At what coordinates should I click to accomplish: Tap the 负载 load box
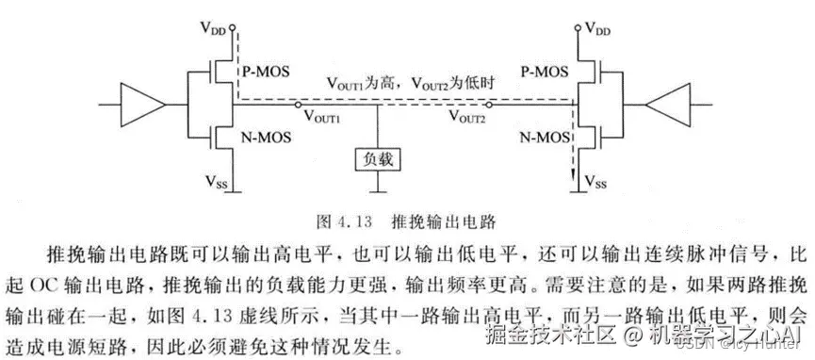pyautogui.click(x=378, y=160)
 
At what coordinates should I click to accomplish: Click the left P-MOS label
pyautogui.click(x=266, y=69)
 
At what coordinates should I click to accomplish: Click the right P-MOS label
pyautogui.click(x=545, y=69)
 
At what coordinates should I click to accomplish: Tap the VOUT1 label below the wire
pyautogui.click(x=322, y=119)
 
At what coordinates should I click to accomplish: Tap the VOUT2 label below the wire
pyautogui.click(x=467, y=119)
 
